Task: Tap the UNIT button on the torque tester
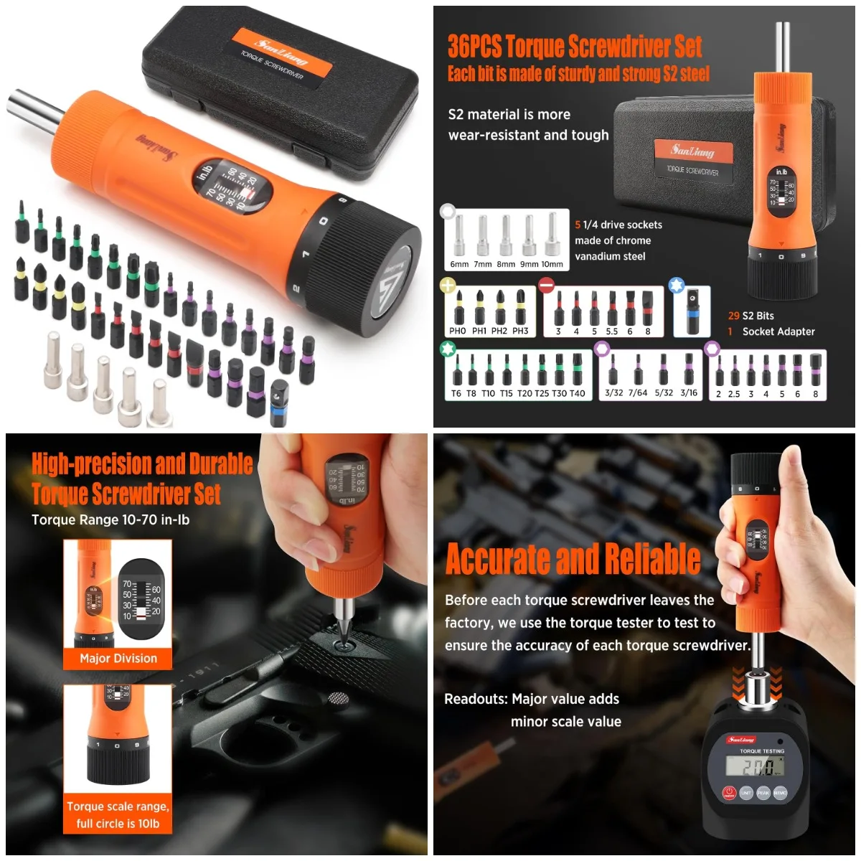pos(746,792)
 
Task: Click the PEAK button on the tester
pos(763,792)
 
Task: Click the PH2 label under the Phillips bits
pos(499,331)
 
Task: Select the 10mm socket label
pos(552,264)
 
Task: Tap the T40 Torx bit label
pos(577,393)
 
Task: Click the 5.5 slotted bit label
pos(611,331)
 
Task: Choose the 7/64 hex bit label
pos(638,393)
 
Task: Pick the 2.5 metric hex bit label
pos(734,394)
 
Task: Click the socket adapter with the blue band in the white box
pos(692,313)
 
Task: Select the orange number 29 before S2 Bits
pos(733,316)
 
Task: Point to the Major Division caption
pos(118,658)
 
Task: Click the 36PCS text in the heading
pos(474,47)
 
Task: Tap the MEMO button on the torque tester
pos(781,792)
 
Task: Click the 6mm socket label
pos(459,264)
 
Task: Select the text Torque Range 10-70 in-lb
pos(110,519)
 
